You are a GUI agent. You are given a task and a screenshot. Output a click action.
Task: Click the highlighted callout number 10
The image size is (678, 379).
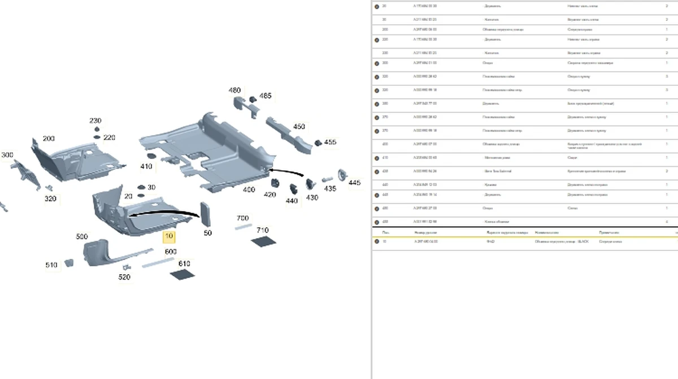coord(169,237)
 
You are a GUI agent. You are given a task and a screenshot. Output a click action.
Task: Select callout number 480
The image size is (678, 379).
coord(234,90)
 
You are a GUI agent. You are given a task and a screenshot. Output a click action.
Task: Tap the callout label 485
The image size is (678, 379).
coord(264,96)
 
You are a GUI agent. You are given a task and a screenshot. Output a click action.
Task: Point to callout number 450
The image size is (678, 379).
coord(299,127)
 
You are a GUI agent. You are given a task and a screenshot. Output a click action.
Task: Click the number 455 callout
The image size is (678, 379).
coord(329,142)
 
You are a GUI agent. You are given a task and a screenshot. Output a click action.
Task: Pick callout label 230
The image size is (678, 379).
coord(95,121)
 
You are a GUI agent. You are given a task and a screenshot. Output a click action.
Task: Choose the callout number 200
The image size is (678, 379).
coord(49,139)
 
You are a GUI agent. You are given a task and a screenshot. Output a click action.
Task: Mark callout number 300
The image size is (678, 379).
coord(7,155)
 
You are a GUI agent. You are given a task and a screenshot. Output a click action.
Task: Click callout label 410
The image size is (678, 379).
coord(146,166)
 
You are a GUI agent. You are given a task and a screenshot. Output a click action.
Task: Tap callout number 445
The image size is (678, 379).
coord(354,183)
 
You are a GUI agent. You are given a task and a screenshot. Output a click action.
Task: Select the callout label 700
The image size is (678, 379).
coord(242,218)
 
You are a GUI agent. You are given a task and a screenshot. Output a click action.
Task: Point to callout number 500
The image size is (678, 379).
coord(82,236)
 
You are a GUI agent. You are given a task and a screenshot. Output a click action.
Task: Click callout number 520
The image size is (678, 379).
coord(124,277)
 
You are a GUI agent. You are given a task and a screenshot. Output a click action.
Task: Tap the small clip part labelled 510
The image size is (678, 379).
coord(68,262)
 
